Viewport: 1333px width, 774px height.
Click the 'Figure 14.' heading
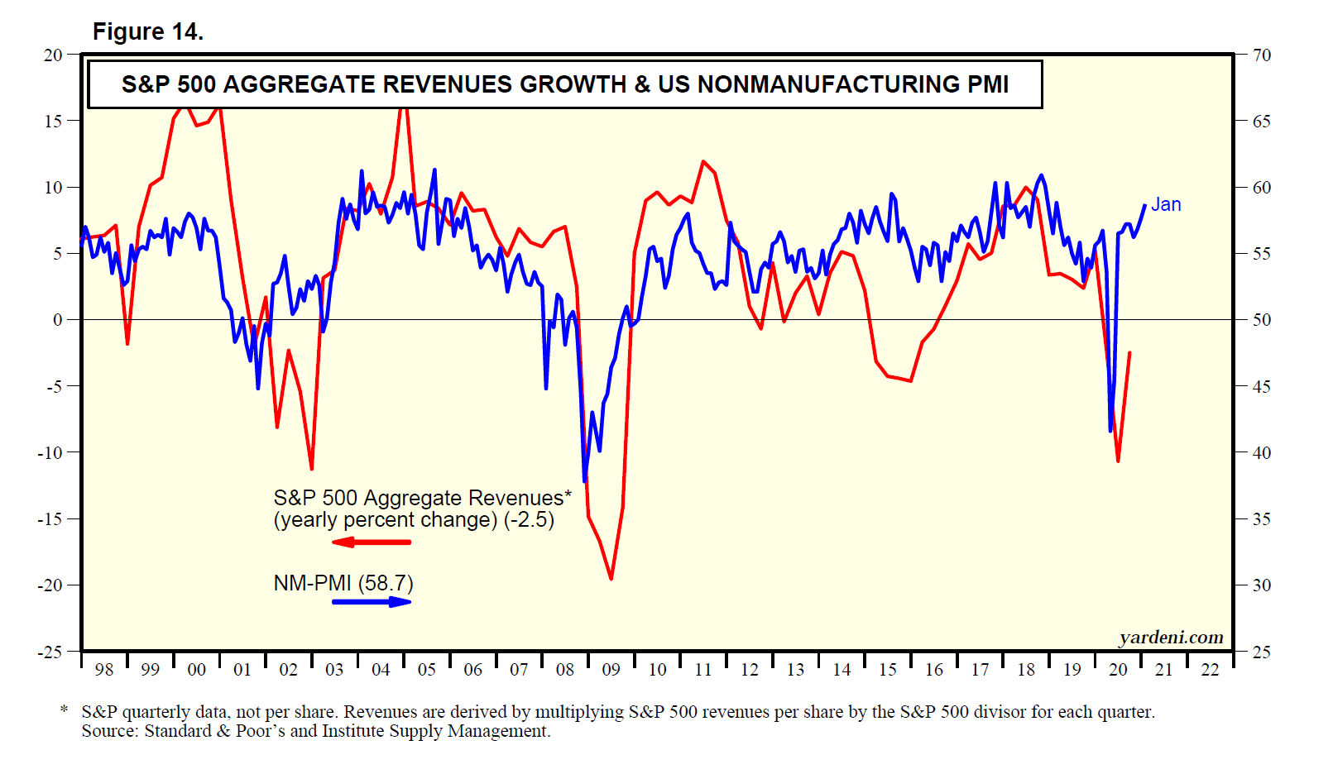point(147,31)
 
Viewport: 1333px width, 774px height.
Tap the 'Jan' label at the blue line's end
point(1166,204)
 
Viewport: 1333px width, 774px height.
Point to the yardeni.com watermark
point(1171,637)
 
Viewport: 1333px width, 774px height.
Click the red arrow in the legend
point(372,542)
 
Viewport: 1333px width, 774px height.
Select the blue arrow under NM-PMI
point(372,601)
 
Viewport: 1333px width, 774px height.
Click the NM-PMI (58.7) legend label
point(343,583)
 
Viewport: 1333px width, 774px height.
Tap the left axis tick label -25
point(50,652)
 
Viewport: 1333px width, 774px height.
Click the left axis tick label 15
point(53,121)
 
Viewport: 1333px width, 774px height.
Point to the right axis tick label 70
point(1261,55)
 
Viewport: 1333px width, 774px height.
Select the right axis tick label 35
point(1261,519)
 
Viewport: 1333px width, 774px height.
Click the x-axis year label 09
point(611,670)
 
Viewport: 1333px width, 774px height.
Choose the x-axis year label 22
point(1210,670)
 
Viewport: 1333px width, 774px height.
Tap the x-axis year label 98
point(103,670)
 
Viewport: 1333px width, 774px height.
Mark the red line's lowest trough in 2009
point(611,578)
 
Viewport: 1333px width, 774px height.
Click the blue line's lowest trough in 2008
point(585,480)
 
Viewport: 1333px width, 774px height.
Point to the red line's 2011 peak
point(703,162)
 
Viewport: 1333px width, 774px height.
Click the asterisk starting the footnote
point(64,710)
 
